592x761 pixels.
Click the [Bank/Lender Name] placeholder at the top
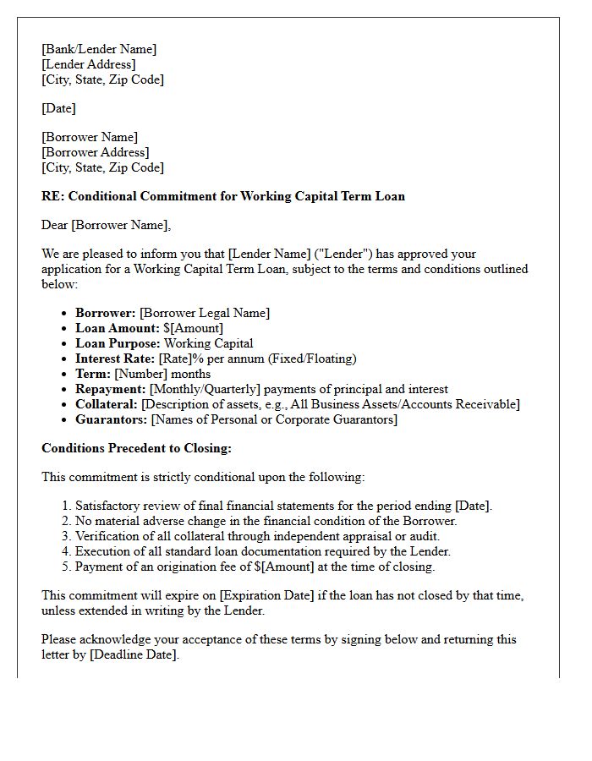tap(99, 49)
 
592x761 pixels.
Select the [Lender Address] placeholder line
tap(88, 64)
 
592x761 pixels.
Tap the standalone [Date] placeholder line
tap(58, 108)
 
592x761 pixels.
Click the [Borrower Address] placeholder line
tap(95, 152)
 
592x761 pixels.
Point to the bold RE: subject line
tap(223, 196)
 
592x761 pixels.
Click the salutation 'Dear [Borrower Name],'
tap(106, 225)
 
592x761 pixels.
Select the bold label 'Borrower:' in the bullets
tap(106, 313)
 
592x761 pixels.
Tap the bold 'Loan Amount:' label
tap(118, 328)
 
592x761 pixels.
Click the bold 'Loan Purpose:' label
tap(118, 343)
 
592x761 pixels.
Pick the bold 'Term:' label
tap(93, 374)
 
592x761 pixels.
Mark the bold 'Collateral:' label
tap(107, 404)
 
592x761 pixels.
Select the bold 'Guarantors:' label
tap(110, 419)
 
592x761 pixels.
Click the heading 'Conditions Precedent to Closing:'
tap(136, 448)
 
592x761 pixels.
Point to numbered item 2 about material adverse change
tap(266, 521)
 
